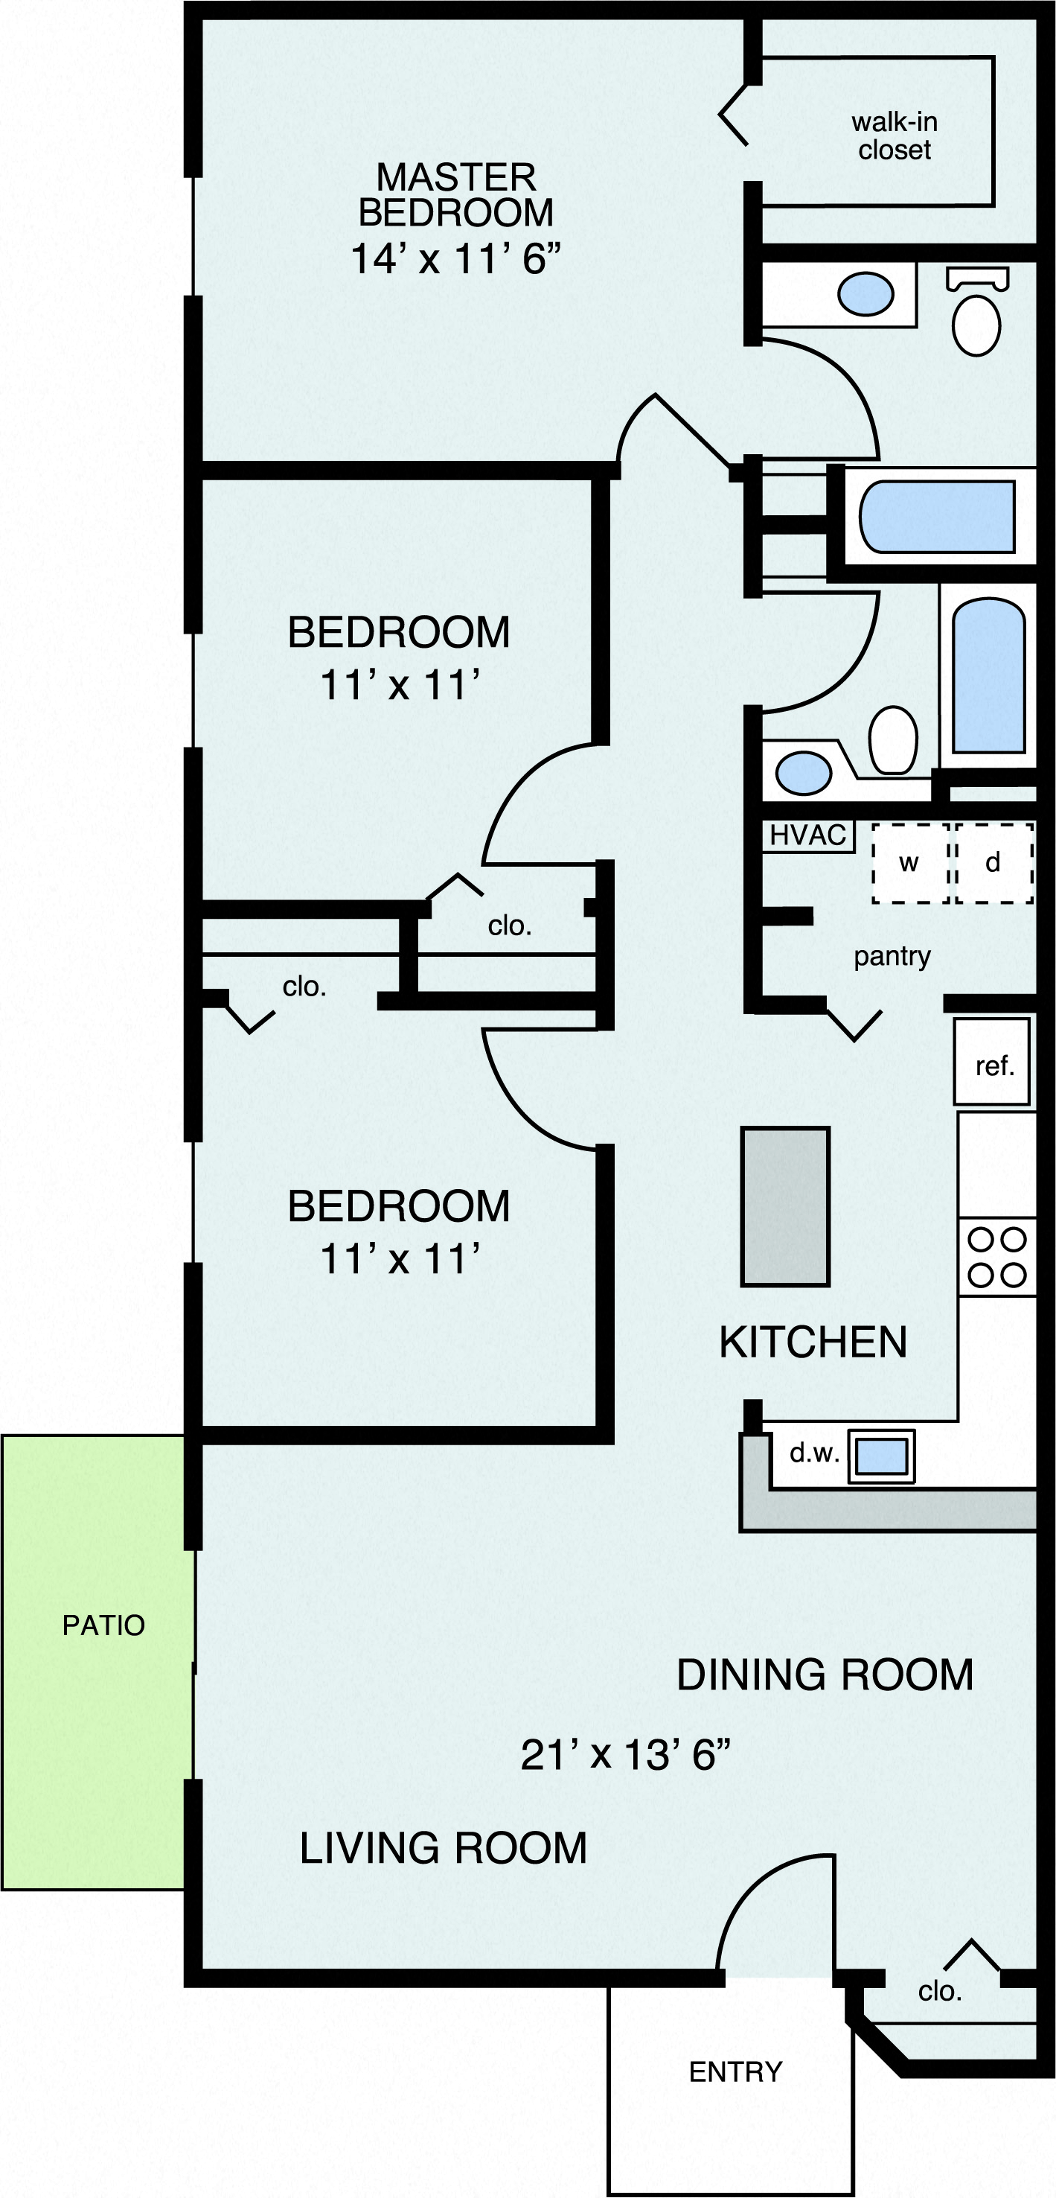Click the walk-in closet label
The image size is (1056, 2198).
point(894,136)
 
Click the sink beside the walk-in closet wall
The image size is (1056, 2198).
point(865,293)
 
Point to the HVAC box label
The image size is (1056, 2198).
point(807,835)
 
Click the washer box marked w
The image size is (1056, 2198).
point(909,863)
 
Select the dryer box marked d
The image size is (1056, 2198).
point(993,863)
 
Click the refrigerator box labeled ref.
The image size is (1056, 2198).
point(992,1062)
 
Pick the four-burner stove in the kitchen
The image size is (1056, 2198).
point(996,1257)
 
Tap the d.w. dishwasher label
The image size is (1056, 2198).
point(813,1453)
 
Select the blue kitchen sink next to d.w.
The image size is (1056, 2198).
point(881,1455)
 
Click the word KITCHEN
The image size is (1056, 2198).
point(812,1342)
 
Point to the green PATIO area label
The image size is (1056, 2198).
point(103,1625)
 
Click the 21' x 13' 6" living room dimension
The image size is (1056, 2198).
point(625,1755)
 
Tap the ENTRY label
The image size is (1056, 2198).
point(735,2071)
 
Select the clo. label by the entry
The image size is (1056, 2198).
point(939,1992)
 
